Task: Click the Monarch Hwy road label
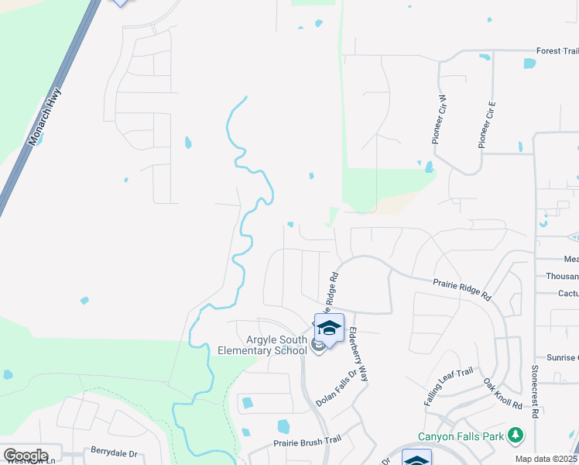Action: click(45, 117)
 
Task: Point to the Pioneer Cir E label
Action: click(487, 124)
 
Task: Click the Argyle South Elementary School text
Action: click(267, 345)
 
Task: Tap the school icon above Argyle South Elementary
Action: click(329, 329)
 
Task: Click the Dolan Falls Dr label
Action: click(336, 388)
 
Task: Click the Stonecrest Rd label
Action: click(535, 387)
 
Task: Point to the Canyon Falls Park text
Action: click(461, 436)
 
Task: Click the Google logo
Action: click(26, 455)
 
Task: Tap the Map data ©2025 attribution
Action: click(545, 460)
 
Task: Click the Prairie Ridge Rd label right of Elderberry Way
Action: click(462, 290)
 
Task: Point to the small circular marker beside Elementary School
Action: click(317, 346)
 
